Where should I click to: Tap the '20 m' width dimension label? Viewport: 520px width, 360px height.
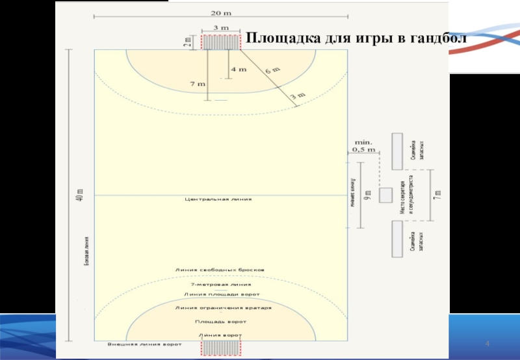pos(221,12)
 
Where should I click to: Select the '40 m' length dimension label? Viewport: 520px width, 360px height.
pos(80,195)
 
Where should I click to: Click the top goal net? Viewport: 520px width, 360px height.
pos(221,42)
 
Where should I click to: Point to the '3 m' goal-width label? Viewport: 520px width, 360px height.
pos(221,28)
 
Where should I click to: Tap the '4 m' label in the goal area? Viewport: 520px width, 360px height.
pos(238,69)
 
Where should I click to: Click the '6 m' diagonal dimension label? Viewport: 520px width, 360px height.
pos(272,68)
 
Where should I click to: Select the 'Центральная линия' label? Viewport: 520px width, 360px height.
pos(218,199)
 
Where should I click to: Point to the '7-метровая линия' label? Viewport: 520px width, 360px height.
pos(220,284)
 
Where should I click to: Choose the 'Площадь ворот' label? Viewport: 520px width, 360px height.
pos(220,322)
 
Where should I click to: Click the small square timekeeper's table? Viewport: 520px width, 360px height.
pos(385,195)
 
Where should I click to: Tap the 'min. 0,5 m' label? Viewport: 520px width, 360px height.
pos(363,145)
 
